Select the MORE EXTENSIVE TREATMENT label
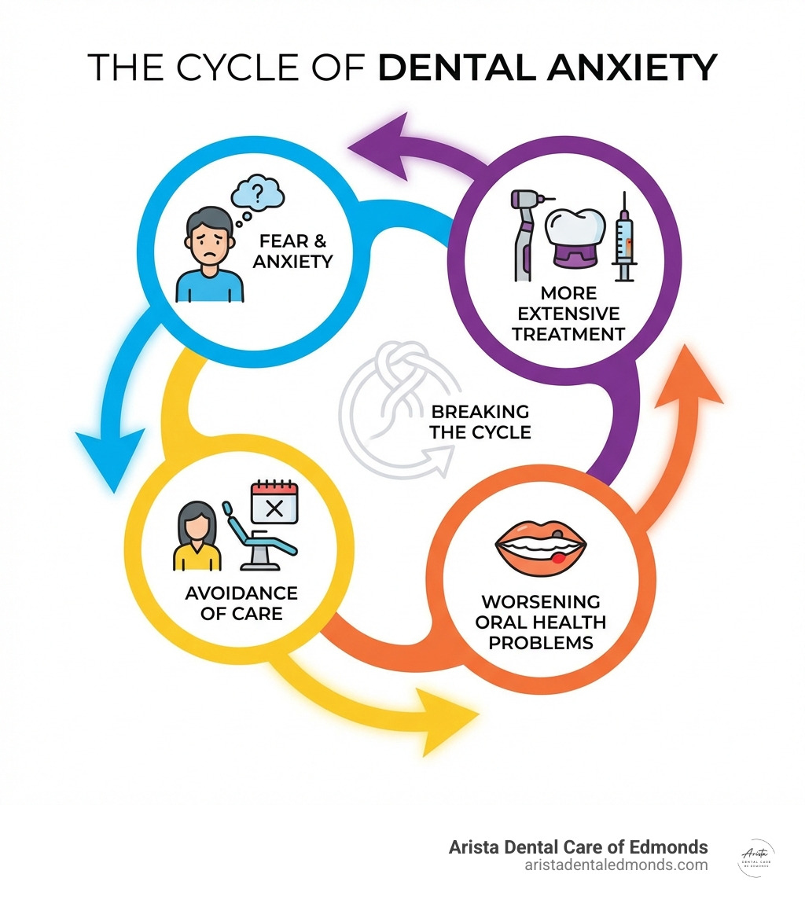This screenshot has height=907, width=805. click(x=568, y=314)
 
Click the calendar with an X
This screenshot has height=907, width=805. click(x=274, y=504)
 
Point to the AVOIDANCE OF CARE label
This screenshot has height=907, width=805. click(x=241, y=602)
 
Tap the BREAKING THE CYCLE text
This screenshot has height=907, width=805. click(x=480, y=421)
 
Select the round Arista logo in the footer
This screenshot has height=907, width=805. click(x=757, y=858)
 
